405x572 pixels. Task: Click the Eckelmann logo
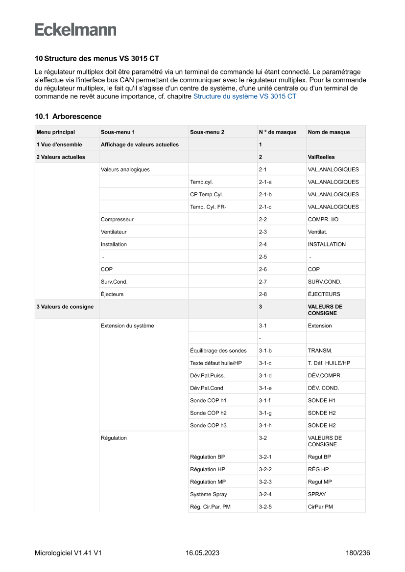click(x=75, y=29)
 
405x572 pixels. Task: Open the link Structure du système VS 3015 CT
click(x=244, y=96)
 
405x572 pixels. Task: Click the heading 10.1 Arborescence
click(x=68, y=116)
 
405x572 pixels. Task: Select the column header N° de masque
click(x=277, y=132)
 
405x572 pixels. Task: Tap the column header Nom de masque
click(x=329, y=132)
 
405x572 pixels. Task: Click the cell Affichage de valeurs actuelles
click(x=140, y=144)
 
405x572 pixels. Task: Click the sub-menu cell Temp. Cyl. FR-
click(x=208, y=207)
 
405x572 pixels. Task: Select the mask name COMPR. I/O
click(x=323, y=219)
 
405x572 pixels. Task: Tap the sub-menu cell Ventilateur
click(x=114, y=232)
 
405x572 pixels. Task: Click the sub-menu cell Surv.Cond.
click(x=114, y=282)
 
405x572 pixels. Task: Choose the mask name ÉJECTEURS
click(x=324, y=294)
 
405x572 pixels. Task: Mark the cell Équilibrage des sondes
click(x=218, y=350)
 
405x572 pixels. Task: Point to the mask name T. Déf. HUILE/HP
click(x=329, y=363)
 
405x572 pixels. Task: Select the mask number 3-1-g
click(x=265, y=413)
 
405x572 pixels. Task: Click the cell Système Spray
click(x=208, y=494)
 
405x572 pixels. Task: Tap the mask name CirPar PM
click(x=320, y=507)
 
